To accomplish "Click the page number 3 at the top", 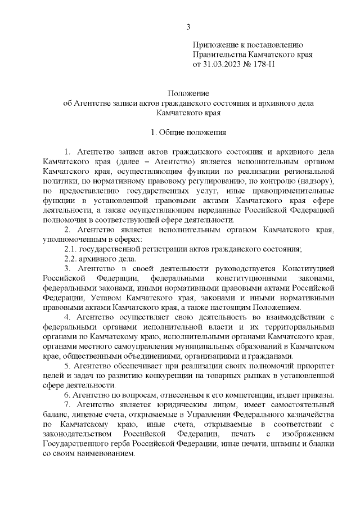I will (x=188, y=26).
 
